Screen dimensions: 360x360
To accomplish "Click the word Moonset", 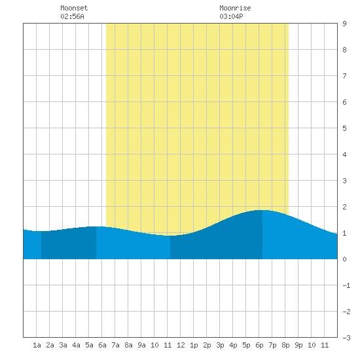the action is tap(74, 8).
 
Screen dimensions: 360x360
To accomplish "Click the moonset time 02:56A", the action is tap(72, 16).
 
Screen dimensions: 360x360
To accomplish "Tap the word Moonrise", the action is tap(235, 8).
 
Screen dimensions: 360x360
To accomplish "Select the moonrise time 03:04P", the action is tap(231, 16).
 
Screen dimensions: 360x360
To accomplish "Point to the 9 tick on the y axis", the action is tap(344, 24).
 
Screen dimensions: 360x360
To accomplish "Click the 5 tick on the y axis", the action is tap(344, 128).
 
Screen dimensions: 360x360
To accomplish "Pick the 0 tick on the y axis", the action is tap(344, 259).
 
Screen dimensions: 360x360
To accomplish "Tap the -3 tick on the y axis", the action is tap(346, 338).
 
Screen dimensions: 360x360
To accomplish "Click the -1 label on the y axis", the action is tap(346, 285).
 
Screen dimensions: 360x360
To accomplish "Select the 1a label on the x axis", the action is tap(37, 345).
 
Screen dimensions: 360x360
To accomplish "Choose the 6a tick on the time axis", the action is tap(102, 345).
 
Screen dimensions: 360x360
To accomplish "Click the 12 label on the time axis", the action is tap(181, 345).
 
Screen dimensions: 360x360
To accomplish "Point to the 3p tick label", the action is tap(220, 345).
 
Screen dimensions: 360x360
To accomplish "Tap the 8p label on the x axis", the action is tap(285, 345).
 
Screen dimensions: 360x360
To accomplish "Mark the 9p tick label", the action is tap(298, 345).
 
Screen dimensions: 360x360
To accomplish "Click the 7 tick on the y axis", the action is tap(344, 76).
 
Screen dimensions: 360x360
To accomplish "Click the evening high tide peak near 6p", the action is tap(262, 210).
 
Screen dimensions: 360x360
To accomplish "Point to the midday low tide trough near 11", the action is tap(170, 236).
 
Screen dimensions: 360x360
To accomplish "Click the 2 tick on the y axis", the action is tap(344, 207).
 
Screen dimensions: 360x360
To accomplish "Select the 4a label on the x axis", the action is tap(76, 345).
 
